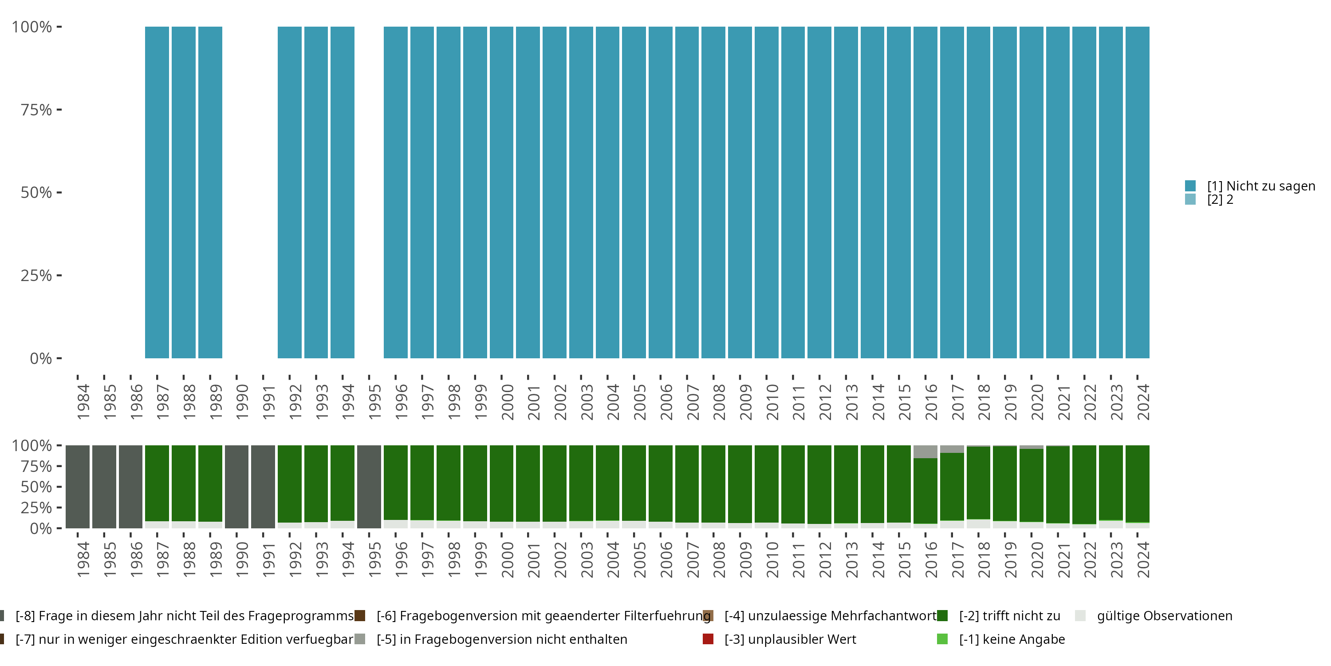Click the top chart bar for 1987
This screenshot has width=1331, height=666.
pos(157,192)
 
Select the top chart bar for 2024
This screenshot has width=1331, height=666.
pos(1137,192)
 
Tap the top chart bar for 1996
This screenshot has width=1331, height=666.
pos(396,192)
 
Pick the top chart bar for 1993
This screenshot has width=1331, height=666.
pos(316,192)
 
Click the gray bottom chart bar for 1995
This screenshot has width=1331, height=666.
pos(369,487)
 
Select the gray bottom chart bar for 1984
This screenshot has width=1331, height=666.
pos(78,487)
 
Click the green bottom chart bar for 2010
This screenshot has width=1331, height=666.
pos(766,484)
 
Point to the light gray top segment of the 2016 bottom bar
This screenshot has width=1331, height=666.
pos(925,452)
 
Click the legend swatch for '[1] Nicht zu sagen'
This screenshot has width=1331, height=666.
pos(1190,186)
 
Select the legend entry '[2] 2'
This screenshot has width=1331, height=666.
pos(1220,200)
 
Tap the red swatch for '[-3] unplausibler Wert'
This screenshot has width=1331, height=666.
pos(708,639)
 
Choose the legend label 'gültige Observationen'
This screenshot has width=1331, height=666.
pos(1164,616)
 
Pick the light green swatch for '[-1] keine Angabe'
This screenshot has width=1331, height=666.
pos(942,639)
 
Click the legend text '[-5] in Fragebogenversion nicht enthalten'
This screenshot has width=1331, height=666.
pos(502,639)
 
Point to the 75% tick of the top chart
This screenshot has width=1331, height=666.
pos(59,110)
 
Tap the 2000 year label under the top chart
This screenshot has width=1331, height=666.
pos(508,402)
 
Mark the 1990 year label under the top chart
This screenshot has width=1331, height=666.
pos(242,402)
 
